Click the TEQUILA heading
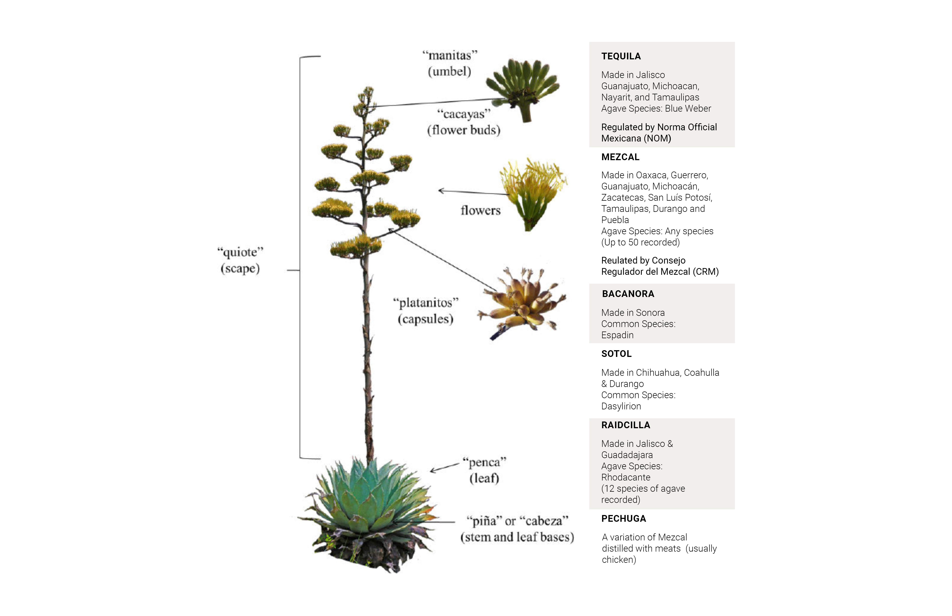621,56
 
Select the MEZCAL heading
620,157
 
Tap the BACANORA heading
628,294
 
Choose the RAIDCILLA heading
626,425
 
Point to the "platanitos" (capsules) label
426,311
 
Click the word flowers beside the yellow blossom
480,210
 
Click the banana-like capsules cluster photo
522,302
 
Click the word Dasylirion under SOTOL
621,406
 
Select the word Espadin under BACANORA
617,335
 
